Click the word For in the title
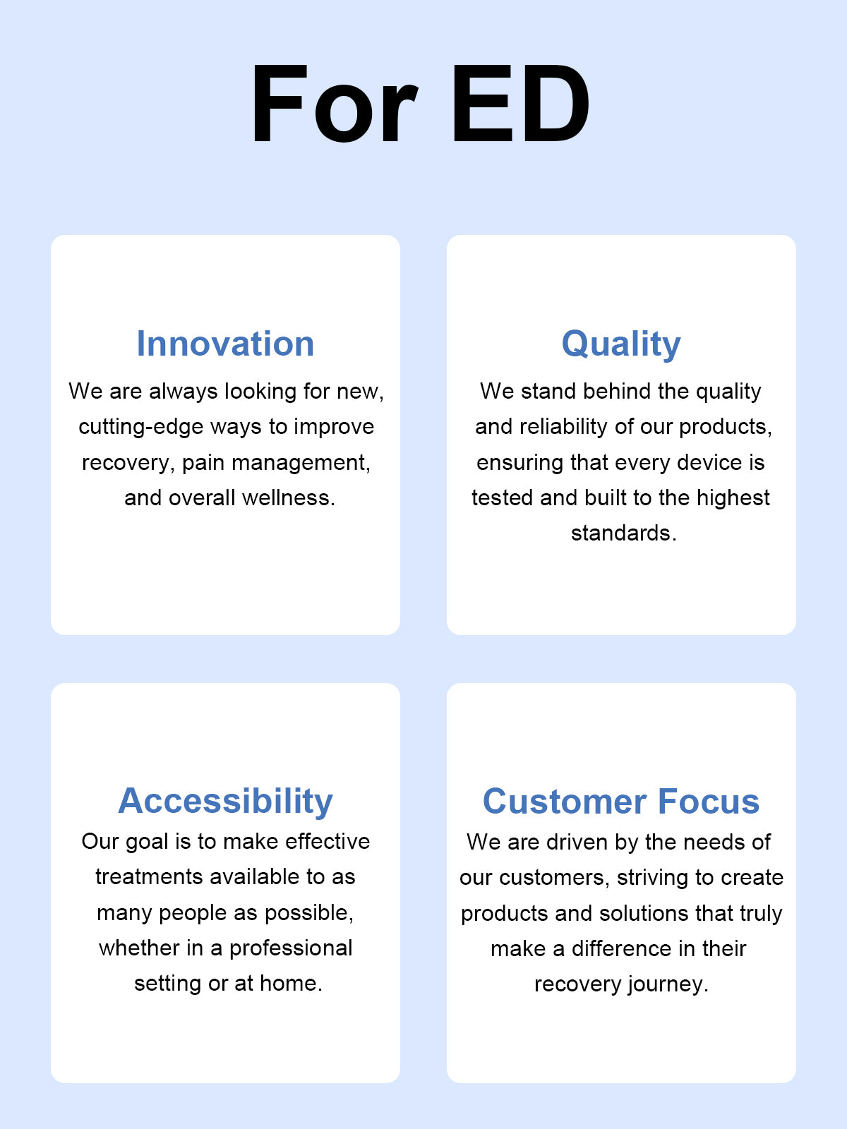click(335, 103)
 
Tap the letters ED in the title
click(521, 103)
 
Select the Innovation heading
click(225, 344)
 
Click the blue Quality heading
click(621, 344)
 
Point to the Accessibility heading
click(225, 801)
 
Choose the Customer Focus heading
click(621, 802)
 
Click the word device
click(709, 462)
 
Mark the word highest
click(733, 498)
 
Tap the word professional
click(291, 948)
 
